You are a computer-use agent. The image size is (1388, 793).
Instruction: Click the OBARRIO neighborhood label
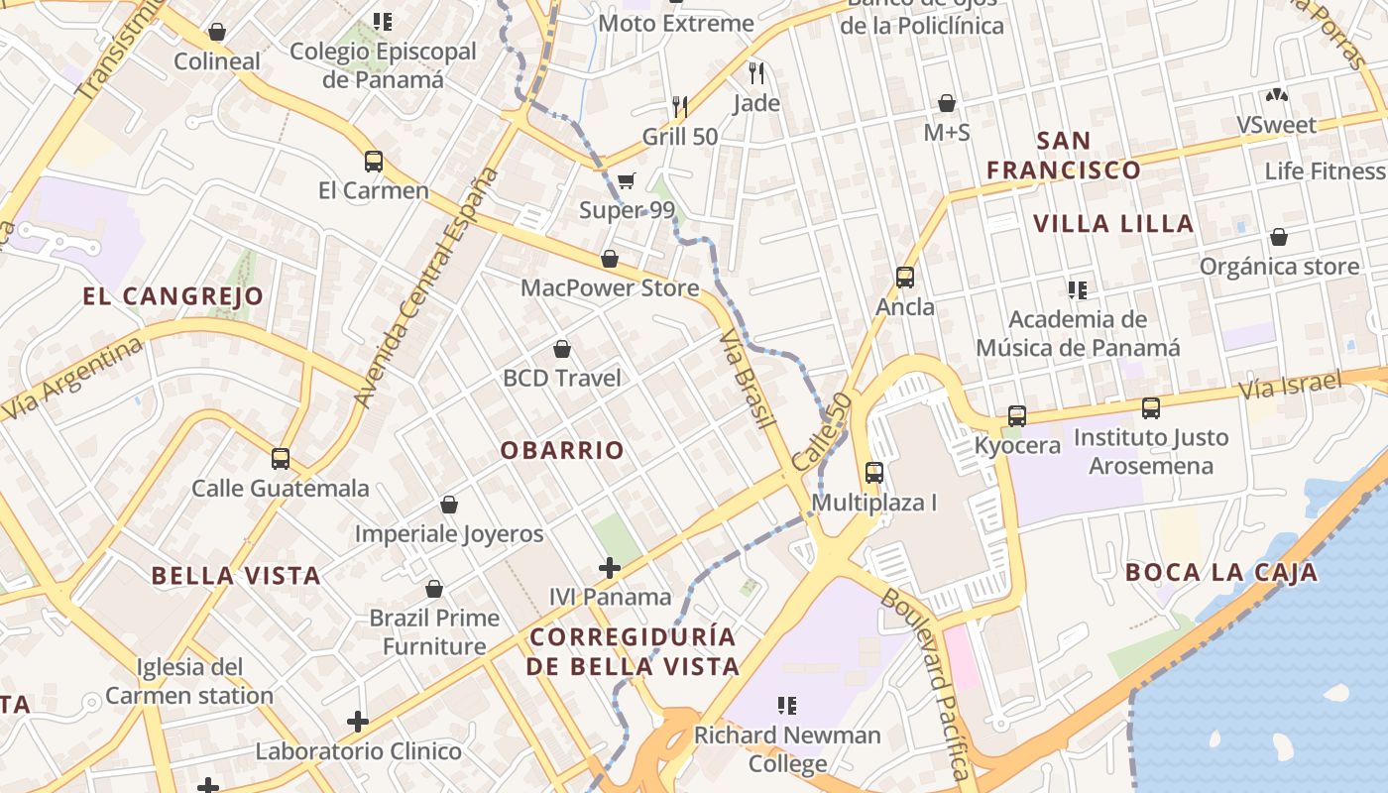click(x=562, y=450)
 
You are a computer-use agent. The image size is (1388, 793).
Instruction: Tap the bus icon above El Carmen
click(x=374, y=161)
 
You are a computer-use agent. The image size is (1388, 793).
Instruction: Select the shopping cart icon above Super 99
click(x=626, y=180)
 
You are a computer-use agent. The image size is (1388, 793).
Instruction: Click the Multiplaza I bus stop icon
click(x=873, y=473)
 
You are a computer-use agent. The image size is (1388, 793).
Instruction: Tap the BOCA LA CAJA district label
click(x=1221, y=572)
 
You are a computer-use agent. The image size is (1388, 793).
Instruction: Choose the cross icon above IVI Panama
click(x=610, y=568)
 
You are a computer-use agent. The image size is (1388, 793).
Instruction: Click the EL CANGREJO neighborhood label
click(x=173, y=295)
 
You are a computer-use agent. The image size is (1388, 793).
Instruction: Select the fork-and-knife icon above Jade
click(x=756, y=72)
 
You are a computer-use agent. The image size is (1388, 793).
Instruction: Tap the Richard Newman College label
click(x=787, y=749)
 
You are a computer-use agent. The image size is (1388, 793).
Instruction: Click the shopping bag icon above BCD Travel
click(x=562, y=349)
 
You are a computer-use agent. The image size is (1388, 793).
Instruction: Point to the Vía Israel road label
click(x=1290, y=385)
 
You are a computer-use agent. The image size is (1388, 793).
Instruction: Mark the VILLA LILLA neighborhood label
click(x=1113, y=224)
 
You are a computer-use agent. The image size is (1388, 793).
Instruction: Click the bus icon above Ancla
click(x=904, y=278)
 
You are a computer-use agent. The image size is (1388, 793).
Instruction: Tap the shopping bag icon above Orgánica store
click(x=1279, y=238)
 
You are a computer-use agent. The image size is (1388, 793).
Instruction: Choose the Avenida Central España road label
click(x=427, y=287)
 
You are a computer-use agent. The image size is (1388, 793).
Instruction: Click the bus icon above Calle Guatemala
click(x=281, y=459)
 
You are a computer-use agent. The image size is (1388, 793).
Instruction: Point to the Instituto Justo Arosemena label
click(x=1151, y=451)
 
